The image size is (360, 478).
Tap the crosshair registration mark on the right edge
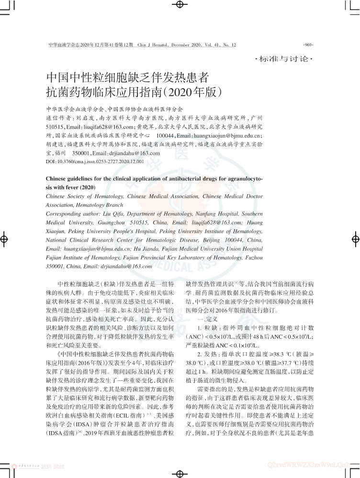pos(355,238)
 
